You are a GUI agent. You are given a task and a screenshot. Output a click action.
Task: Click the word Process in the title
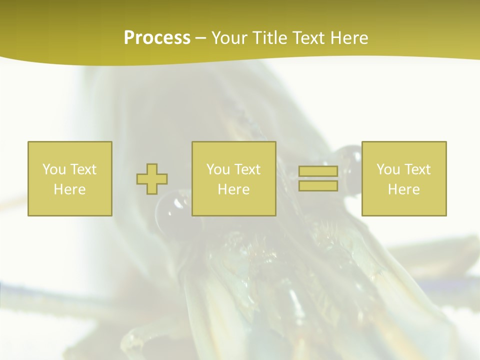157,38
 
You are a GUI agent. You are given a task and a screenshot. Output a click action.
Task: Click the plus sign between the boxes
152,179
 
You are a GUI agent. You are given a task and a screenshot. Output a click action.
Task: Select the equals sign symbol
318,178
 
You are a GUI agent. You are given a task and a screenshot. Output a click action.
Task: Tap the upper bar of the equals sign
318,171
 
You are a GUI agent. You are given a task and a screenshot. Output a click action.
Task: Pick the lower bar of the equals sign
318,186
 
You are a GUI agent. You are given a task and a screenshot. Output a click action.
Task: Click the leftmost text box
70,178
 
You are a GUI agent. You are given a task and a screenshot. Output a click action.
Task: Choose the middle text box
234,178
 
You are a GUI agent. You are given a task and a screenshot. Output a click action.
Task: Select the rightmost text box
404,178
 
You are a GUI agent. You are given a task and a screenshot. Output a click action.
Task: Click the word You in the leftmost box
54,169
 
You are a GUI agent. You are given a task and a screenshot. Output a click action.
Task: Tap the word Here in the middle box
234,189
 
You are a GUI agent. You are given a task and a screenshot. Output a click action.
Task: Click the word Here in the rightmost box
404,189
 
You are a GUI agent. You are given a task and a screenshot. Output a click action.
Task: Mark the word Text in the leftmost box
83,169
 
